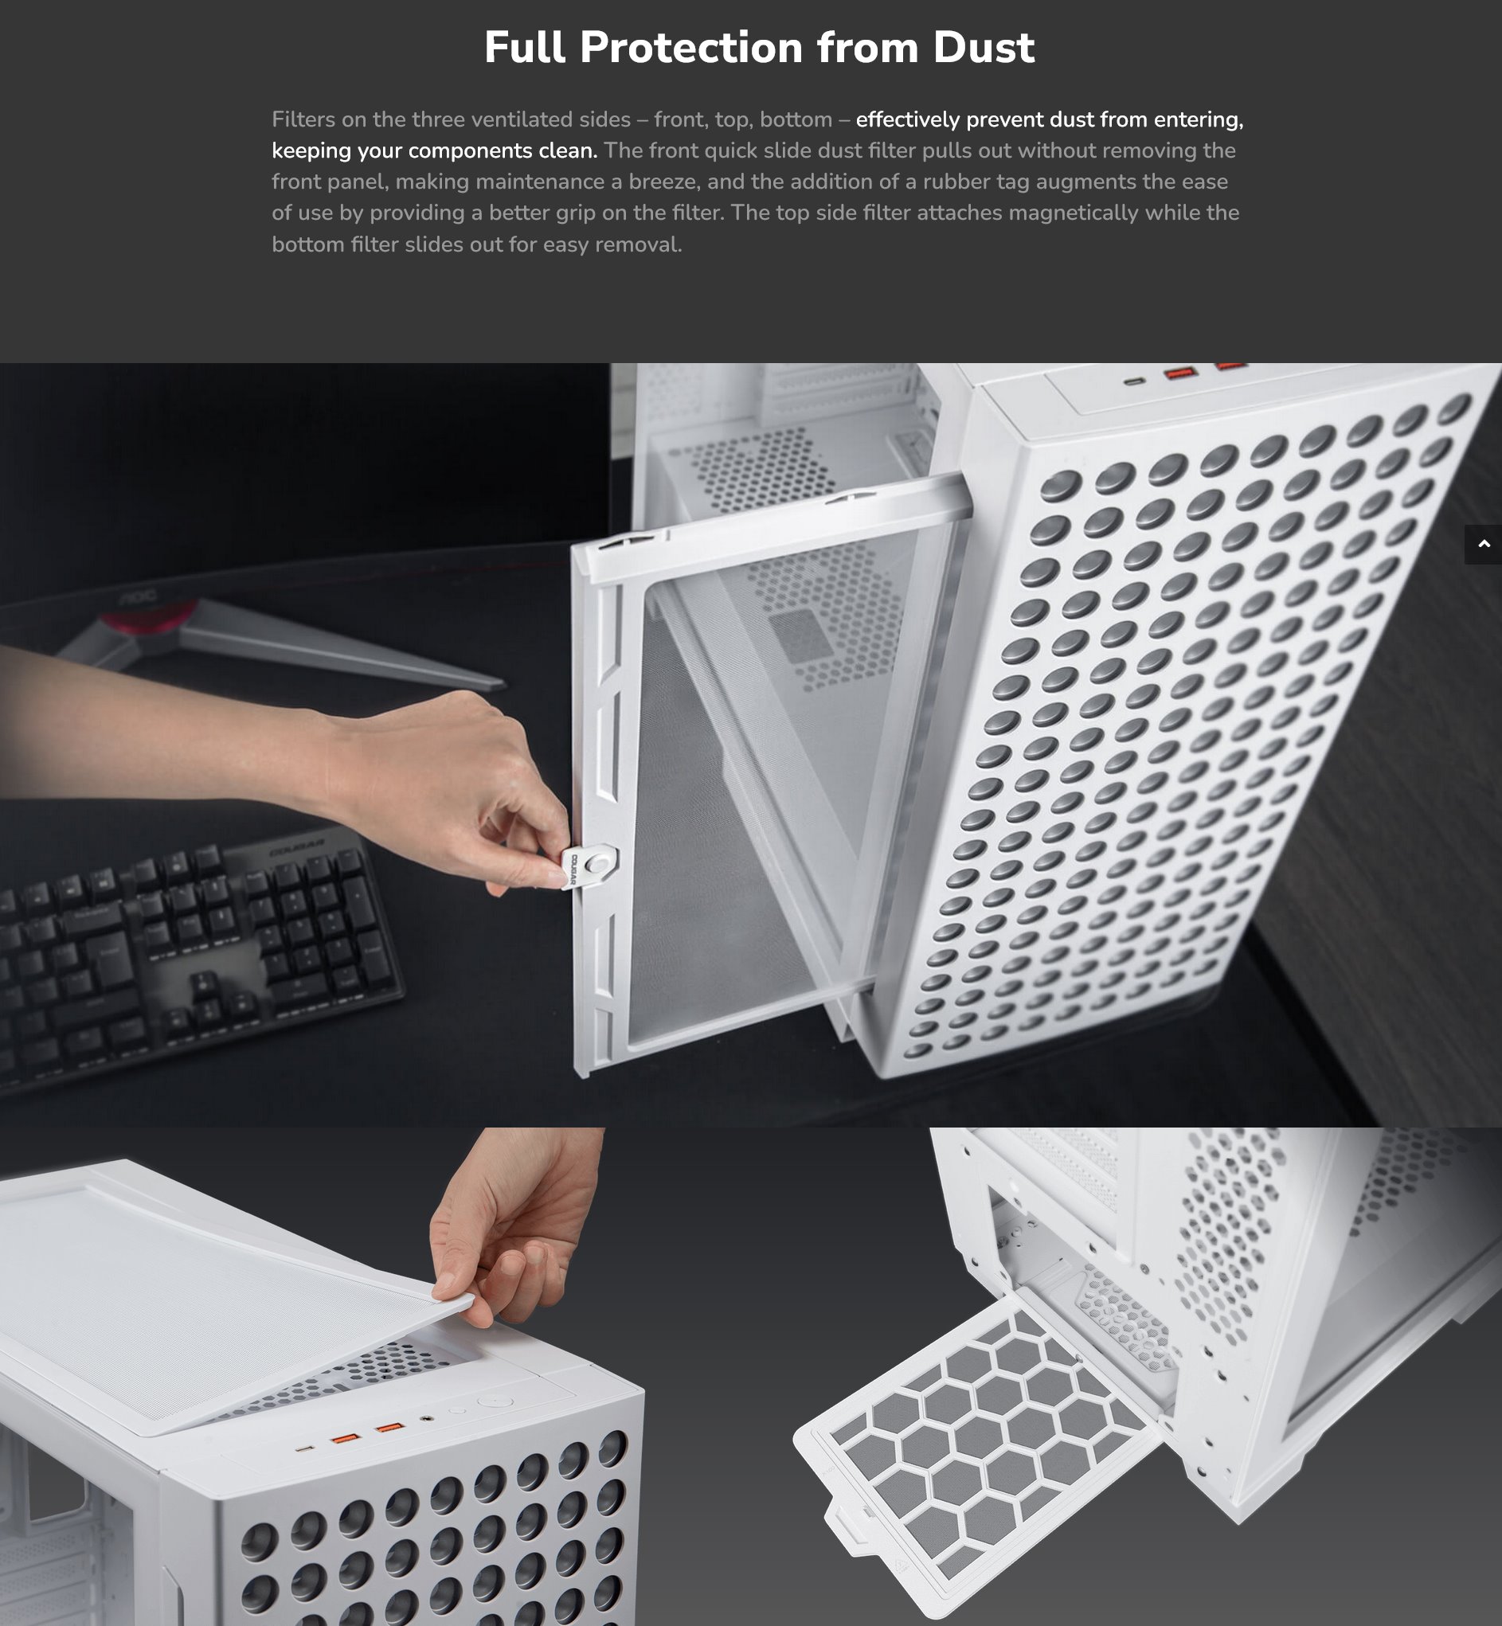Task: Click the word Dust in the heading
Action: pos(984,47)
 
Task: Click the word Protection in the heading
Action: pos(690,47)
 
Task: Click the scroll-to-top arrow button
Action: pos(1484,545)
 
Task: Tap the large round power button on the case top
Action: pos(495,1401)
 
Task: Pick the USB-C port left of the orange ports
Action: pos(305,1448)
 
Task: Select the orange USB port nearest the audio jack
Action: pos(390,1428)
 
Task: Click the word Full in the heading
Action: pos(524,47)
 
